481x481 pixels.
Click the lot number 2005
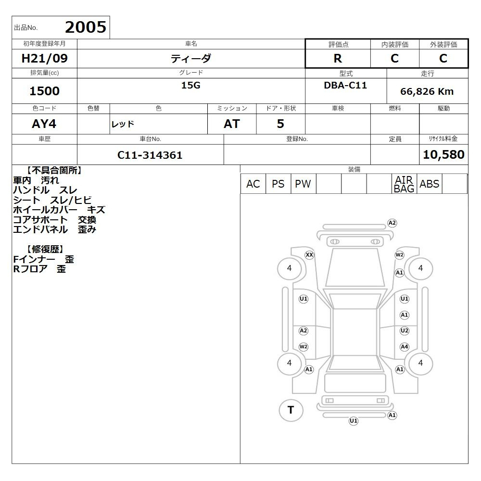[86, 27]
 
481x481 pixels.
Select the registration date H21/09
[44, 58]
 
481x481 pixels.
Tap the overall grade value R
[338, 58]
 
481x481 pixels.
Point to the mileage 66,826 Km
[427, 91]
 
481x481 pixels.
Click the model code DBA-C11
[345, 85]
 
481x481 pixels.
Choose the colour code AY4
[44, 124]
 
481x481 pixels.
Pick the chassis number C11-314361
[150, 155]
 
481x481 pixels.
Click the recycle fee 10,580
[443, 154]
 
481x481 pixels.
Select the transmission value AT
[232, 124]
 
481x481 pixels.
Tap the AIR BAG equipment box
[404, 184]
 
